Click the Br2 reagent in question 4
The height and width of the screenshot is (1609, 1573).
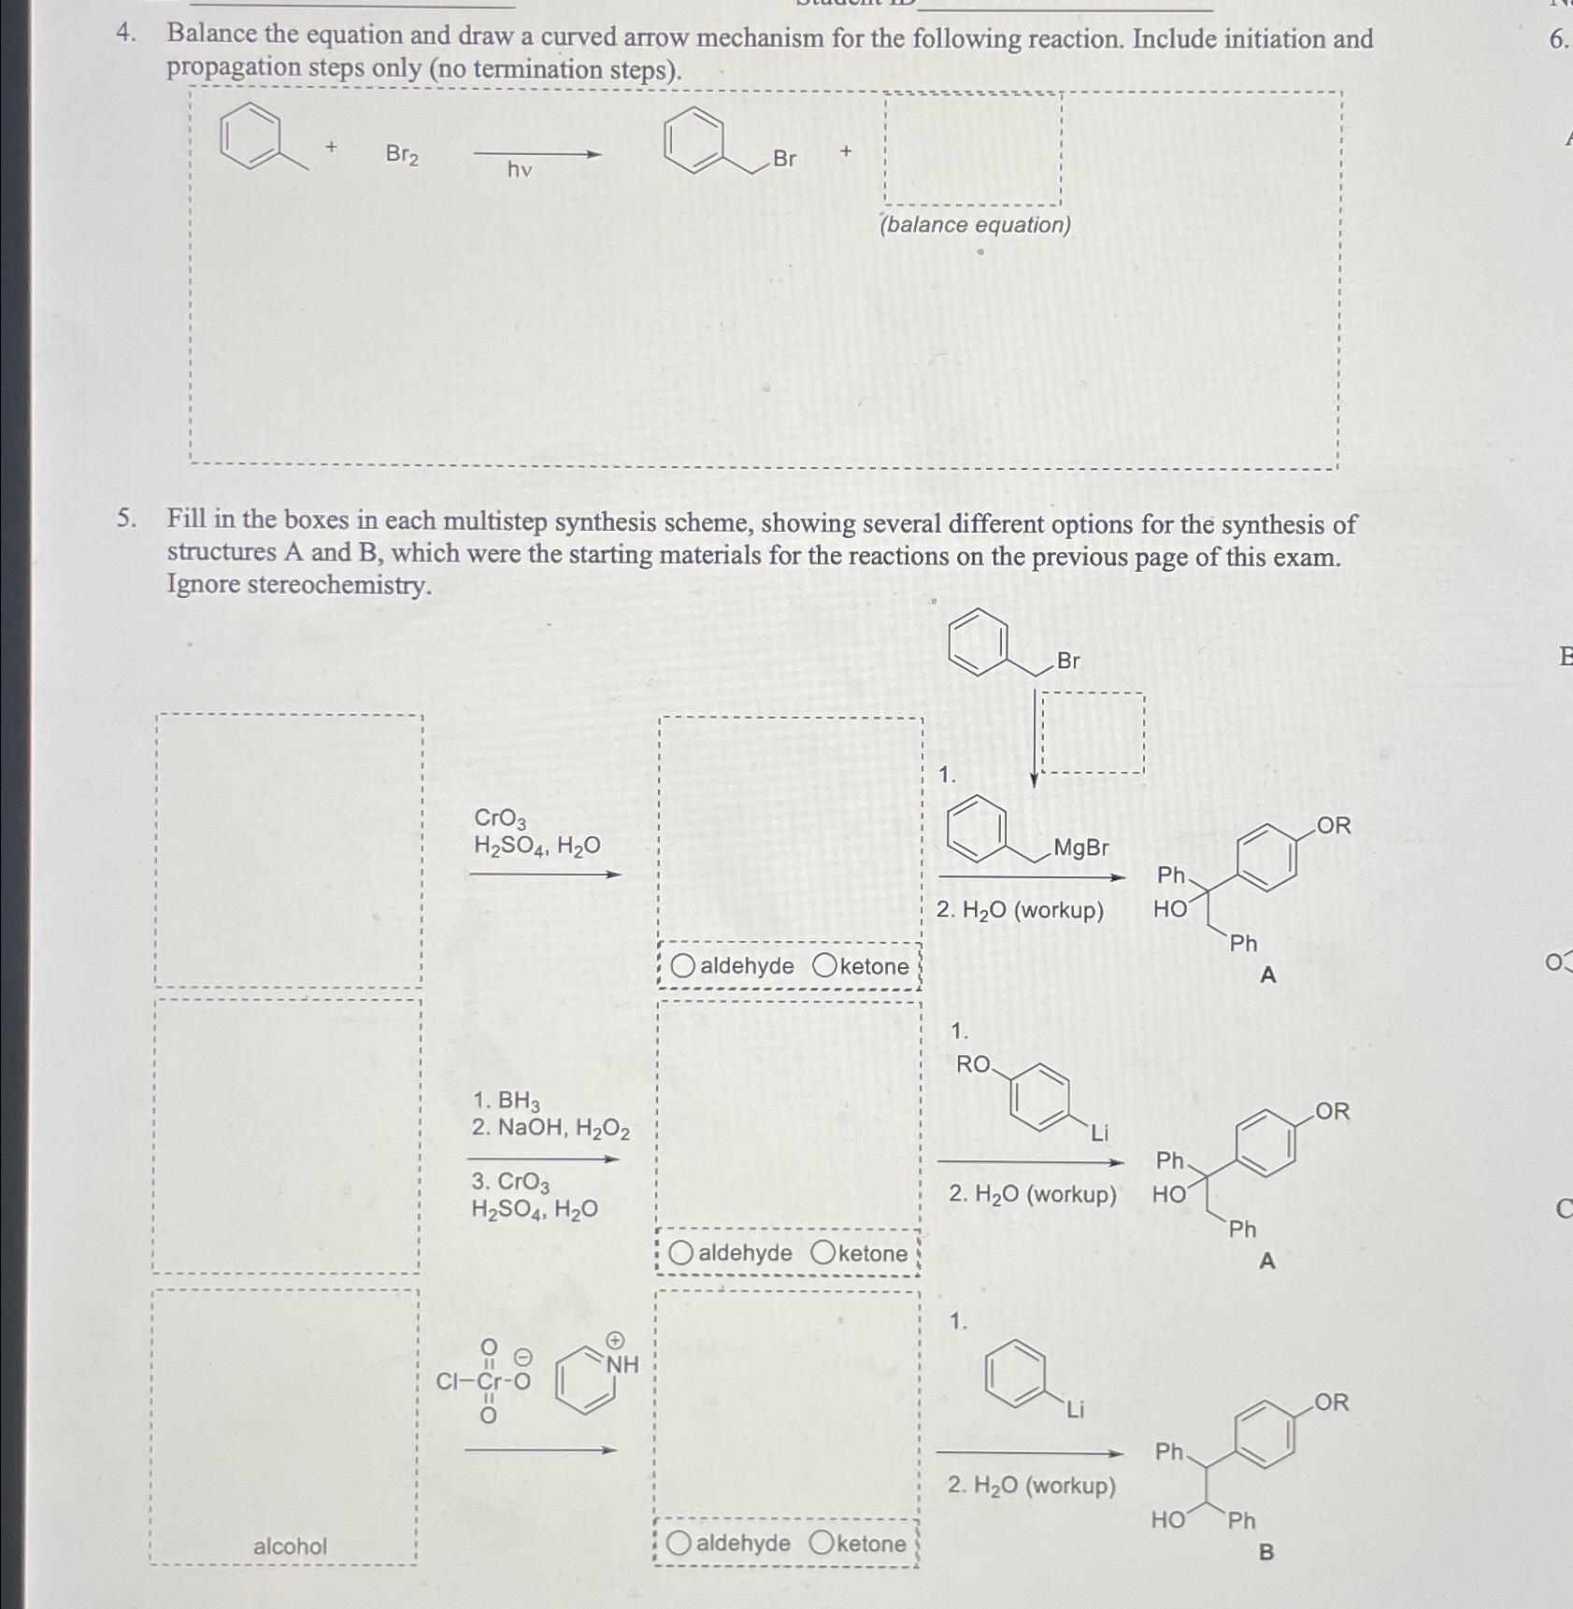pos(402,154)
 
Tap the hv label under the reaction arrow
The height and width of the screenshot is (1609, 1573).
pos(520,169)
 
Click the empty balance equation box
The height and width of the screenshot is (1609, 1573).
pos(972,150)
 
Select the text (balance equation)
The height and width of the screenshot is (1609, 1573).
pos(975,225)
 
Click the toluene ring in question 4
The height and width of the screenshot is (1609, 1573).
pos(250,137)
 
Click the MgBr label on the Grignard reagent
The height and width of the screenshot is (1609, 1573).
pos(1080,847)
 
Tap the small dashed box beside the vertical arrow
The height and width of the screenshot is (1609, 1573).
pos(1093,733)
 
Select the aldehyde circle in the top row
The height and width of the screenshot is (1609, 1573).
pos(683,966)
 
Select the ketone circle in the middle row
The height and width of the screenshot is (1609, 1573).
pos(823,1252)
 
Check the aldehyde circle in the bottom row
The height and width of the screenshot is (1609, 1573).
pos(679,1543)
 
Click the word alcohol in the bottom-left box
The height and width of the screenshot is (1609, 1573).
pos(290,1546)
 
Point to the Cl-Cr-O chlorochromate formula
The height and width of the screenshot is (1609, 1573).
pos(484,1381)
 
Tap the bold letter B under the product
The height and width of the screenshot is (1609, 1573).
pos(1266,1552)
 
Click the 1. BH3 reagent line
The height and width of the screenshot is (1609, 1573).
pos(506,1100)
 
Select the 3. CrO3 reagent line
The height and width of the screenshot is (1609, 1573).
pos(510,1182)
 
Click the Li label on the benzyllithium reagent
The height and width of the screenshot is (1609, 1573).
pos(1075,1410)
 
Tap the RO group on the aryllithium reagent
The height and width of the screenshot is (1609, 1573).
pos(973,1064)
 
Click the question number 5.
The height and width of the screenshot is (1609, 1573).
pos(127,520)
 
